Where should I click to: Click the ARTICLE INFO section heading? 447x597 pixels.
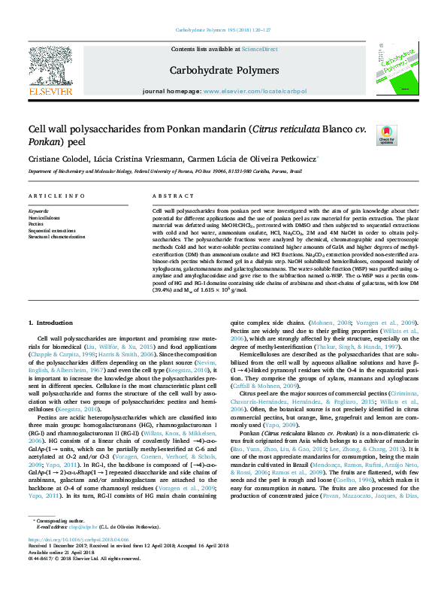(56, 195)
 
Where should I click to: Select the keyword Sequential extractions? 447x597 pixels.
(52, 230)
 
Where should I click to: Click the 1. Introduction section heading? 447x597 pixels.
(52, 322)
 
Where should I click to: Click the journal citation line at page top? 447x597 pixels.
(222, 29)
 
